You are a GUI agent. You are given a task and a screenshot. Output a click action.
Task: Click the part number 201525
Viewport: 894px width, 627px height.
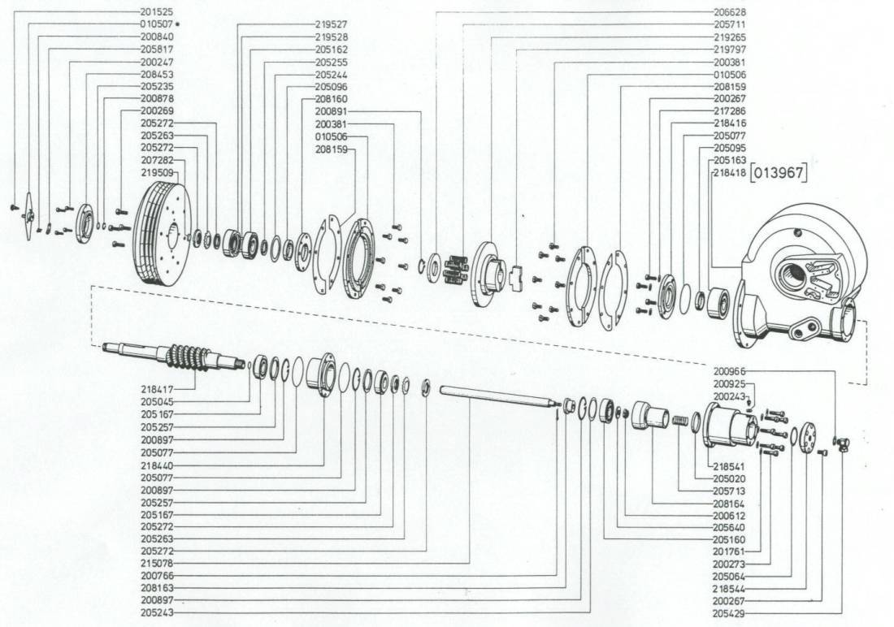pyautogui.click(x=156, y=11)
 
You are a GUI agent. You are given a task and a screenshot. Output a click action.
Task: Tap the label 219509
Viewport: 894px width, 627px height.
pyautogui.click(x=157, y=173)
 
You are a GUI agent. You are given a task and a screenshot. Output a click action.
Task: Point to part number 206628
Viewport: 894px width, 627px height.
pyautogui.click(x=729, y=12)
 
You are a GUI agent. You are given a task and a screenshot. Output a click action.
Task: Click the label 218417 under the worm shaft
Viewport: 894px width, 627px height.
pyautogui.click(x=157, y=390)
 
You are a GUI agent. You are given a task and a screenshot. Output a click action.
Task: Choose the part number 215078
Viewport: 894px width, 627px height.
pyautogui.click(x=157, y=563)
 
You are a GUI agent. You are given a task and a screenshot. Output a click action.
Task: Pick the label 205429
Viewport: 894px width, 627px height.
pyautogui.click(x=729, y=614)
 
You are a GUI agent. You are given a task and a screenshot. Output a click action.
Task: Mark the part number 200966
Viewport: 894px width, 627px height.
pyautogui.click(x=729, y=372)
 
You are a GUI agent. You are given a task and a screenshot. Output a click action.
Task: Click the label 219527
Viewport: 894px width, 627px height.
pyautogui.click(x=332, y=24)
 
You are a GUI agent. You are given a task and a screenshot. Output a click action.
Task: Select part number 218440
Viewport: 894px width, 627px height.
pyautogui.click(x=157, y=465)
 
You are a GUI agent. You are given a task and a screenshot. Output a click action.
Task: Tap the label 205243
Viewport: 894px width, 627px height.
pyautogui.click(x=157, y=613)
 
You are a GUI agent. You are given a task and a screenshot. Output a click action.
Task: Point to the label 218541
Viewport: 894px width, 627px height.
pyautogui.click(x=729, y=467)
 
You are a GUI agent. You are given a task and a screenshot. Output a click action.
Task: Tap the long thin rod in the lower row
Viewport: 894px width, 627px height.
pyautogui.click(x=497, y=396)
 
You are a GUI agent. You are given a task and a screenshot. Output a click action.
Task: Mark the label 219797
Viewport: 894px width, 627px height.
pyautogui.click(x=729, y=50)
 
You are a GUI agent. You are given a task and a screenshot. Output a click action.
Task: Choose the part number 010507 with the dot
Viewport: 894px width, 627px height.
pyautogui.click(x=156, y=24)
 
